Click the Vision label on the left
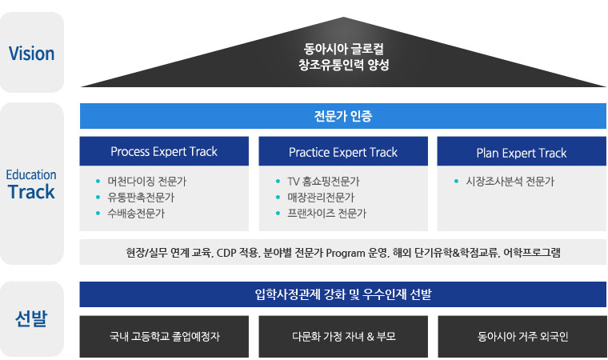tap(31, 54)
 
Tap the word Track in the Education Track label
tap(31, 192)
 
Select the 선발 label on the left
tap(31, 318)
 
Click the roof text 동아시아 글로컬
tap(343, 49)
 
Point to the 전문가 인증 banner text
tap(343, 116)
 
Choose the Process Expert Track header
tap(164, 151)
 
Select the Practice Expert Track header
tap(343, 152)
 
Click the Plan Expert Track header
tap(522, 153)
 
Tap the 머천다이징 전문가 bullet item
tap(147, 181)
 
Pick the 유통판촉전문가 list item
tap(141, 198)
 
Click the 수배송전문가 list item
tap(136, 214)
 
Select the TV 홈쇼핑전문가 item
tap(323, 181)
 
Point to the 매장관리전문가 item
tap(321, 198)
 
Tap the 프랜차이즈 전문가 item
tap(327, 214)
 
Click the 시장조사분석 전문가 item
tap(510, 181)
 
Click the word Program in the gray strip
tap(346, 253)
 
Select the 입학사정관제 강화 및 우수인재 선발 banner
tap(343, 294)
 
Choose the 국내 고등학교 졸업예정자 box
tap(164, 336)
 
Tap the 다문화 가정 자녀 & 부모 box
tap(343, 336)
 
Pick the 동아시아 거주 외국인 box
tap(522, 336)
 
